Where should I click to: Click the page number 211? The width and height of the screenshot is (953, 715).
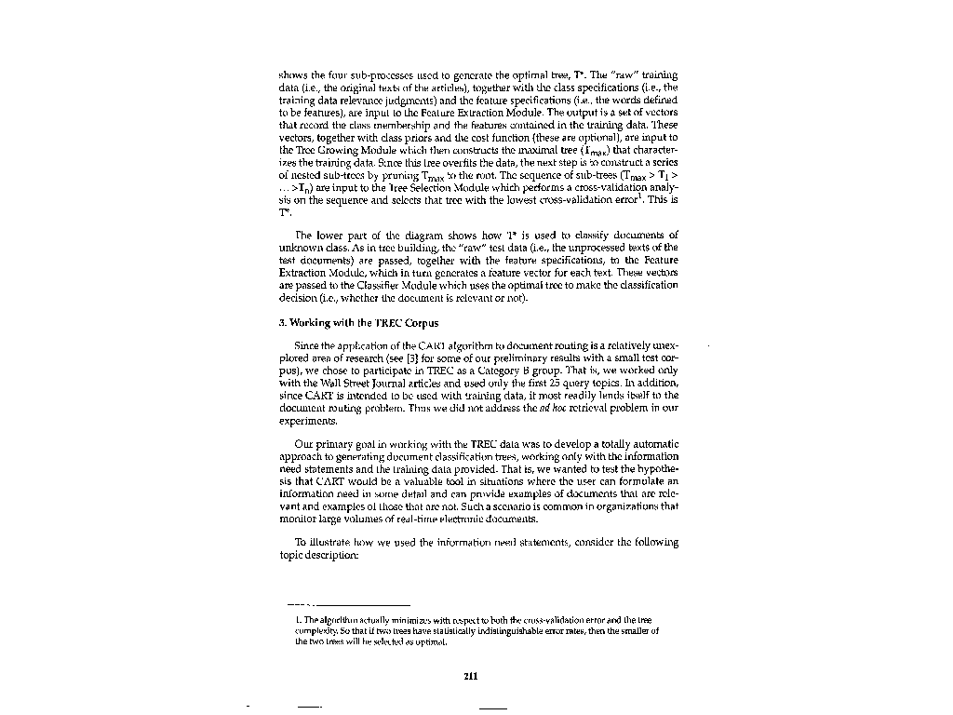click(470, 676)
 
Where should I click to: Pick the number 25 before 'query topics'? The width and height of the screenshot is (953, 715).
click(555, 383)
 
